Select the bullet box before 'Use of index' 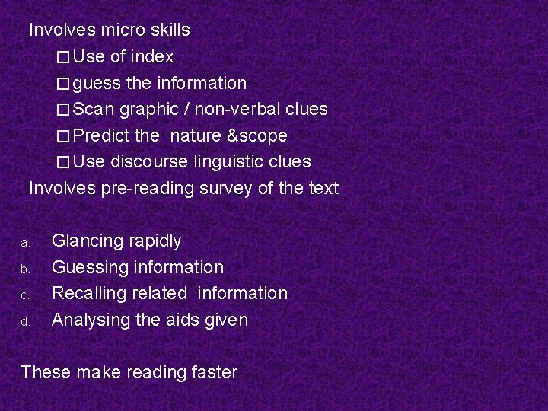[63, 57]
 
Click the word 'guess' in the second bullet [96, 83]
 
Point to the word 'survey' [226, 188]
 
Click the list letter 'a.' [24, 243]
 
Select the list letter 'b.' [24, 269]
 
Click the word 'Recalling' [86, 293]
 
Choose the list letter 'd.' [24, 321]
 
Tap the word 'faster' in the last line [214, 372]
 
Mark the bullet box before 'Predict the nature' [63, 136]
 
